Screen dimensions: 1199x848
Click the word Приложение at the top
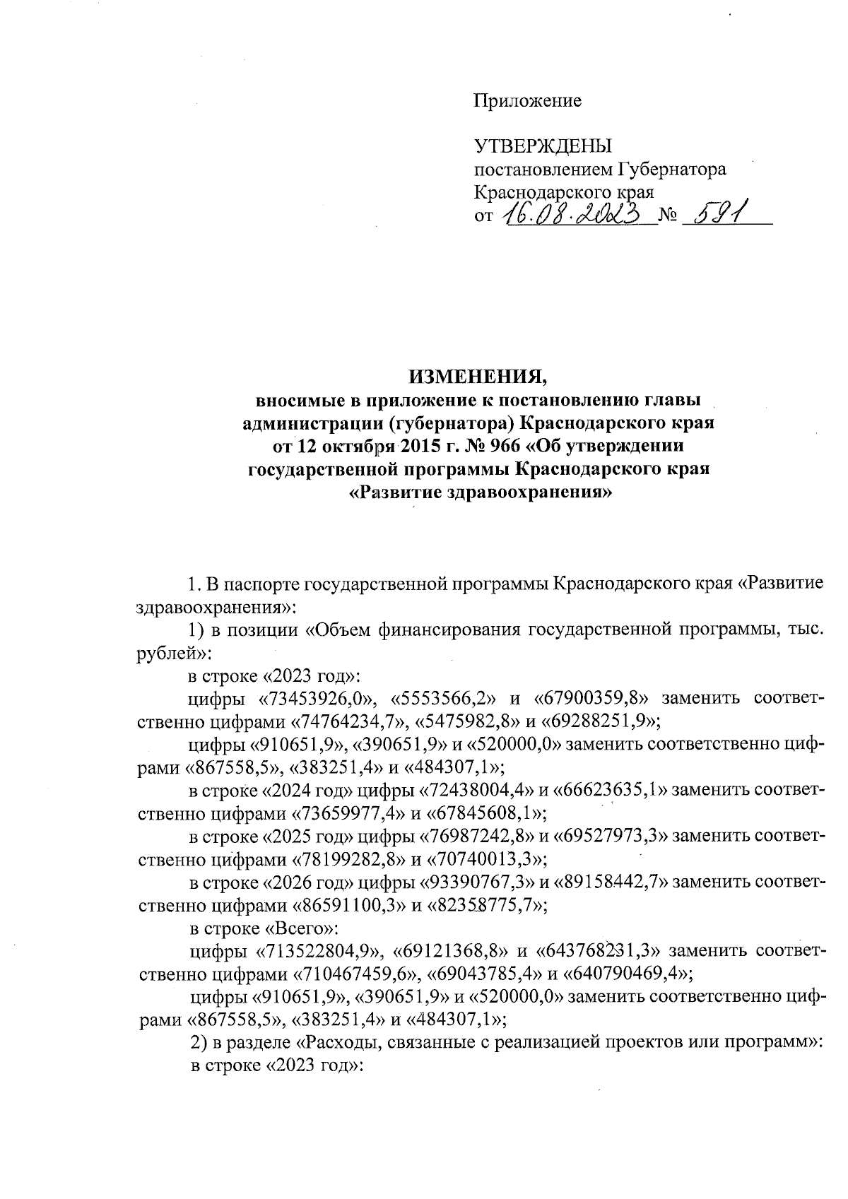tap(527, 101)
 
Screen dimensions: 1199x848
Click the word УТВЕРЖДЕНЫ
tap(542, 146)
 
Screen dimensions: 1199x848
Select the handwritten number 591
tap(715, 212)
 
